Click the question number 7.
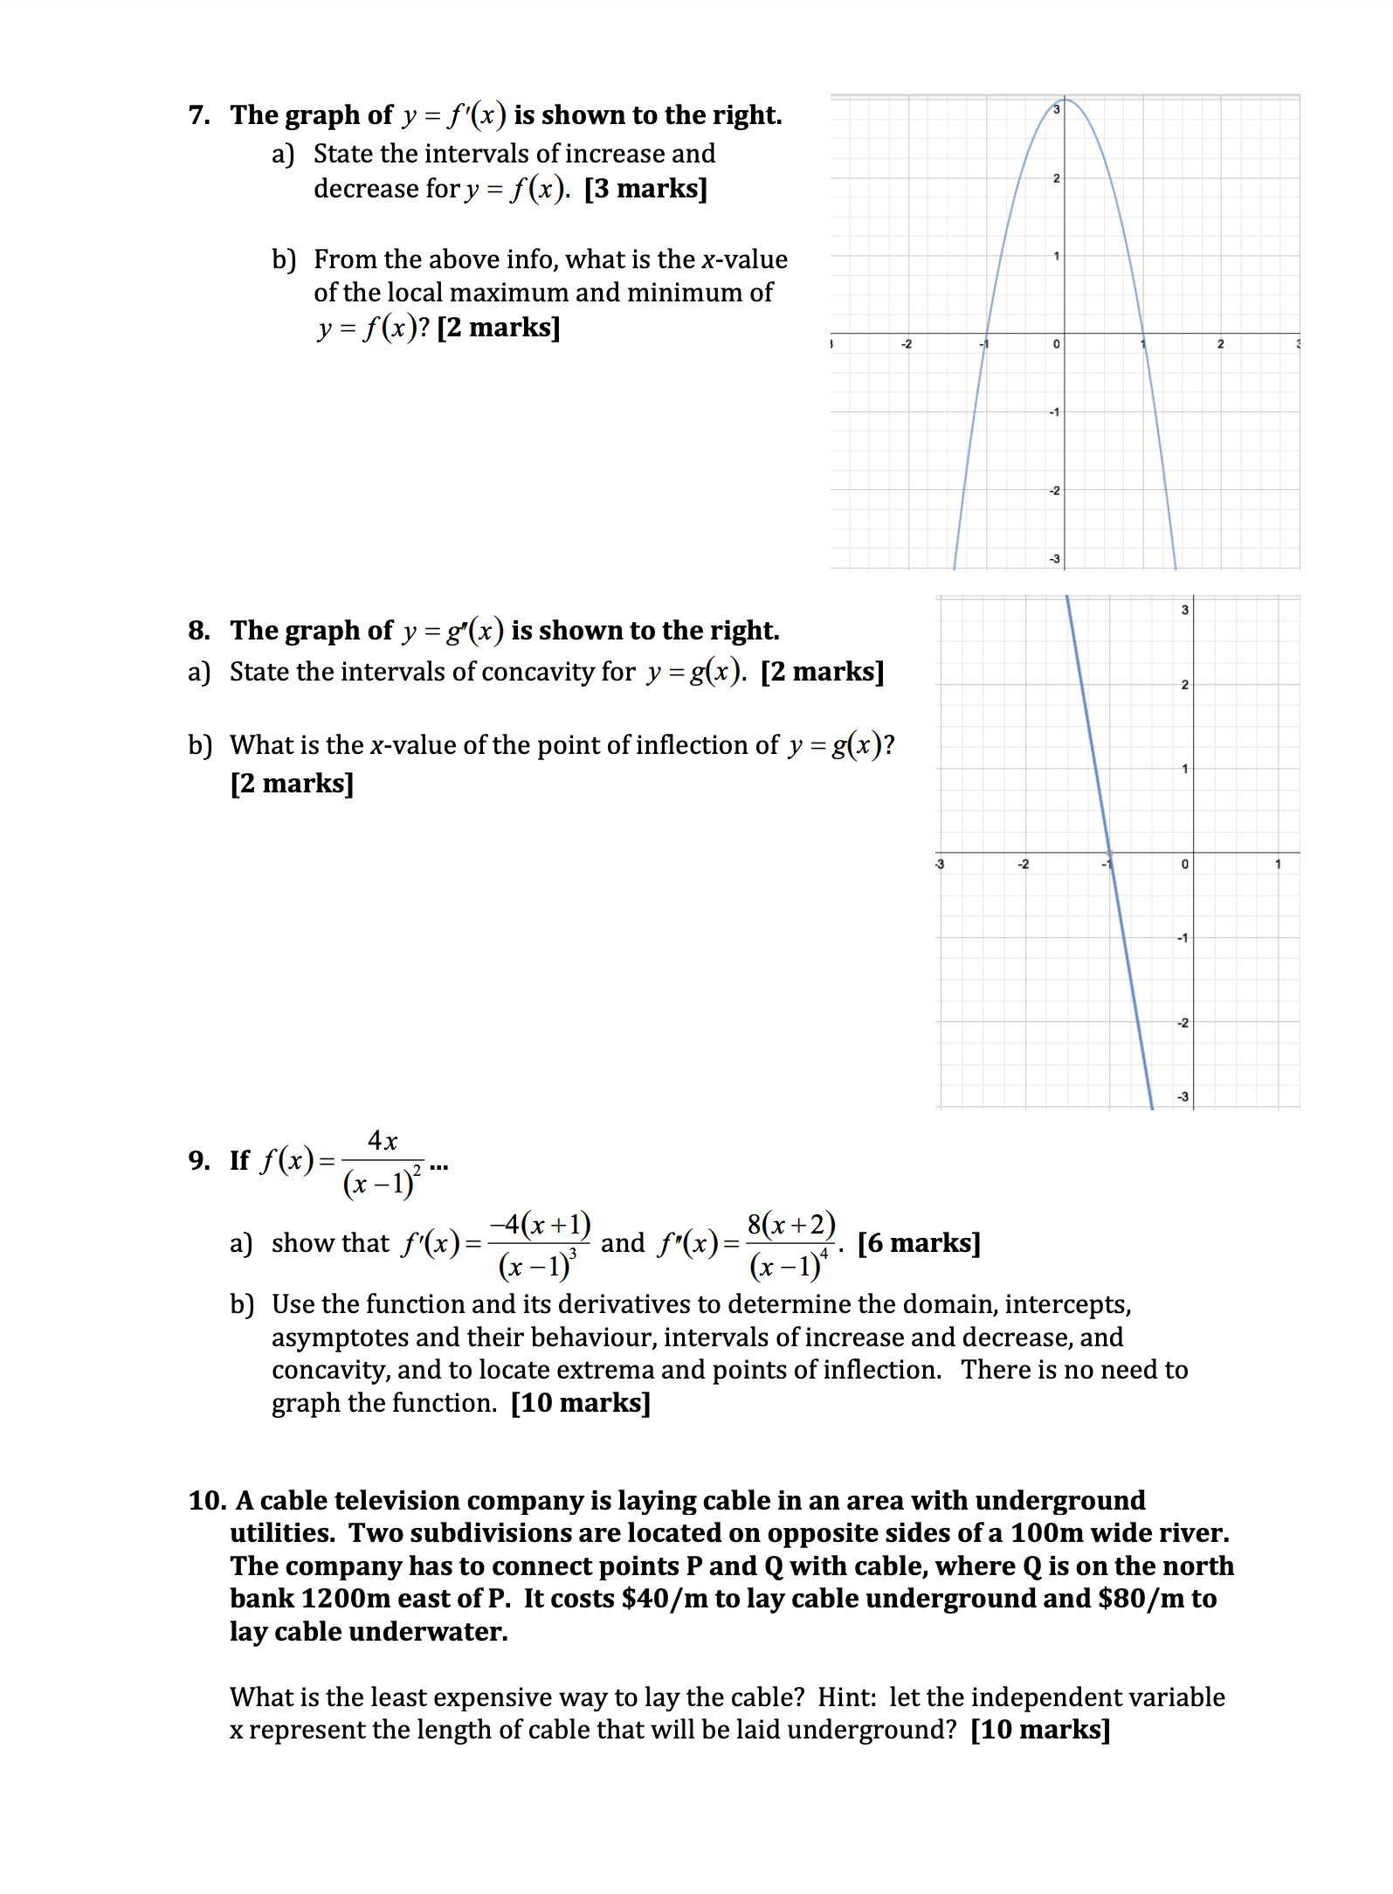[x=198, y=115]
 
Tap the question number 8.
[x=198, y=631]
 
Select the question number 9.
[x=198, y=1161]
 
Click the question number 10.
[x=206, y=1501]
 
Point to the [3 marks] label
[x=645, y=189]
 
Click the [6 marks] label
[x=919, y=1243]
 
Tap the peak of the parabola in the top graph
[x=1065, y=100]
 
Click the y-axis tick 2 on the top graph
[x=1056, y=178]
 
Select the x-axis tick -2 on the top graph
[x=907, y=344]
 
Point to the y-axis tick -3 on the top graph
[x=1054, y=559]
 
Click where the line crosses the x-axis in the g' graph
[x=1109, y=852]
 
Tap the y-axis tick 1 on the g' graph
[x=1184, y=769]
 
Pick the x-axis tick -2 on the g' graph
[x=1023, y=865]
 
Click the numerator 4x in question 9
[x=383, y=1141]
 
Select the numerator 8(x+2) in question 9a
[x=791, y=1224]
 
